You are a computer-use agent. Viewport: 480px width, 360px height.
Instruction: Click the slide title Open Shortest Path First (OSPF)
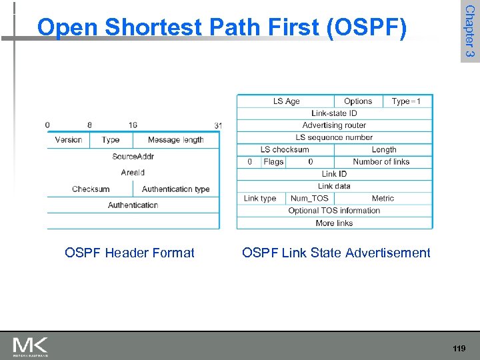tap(221, 27)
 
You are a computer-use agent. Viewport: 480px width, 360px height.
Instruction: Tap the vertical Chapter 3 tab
tap(469, 31)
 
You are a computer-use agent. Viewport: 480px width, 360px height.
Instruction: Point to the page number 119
tap(458, 349)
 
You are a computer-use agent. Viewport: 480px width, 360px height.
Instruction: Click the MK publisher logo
tap(31, 346)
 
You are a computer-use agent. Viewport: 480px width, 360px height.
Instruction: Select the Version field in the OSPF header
tap(69, 140)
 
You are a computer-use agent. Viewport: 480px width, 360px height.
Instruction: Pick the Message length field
tap(175, 140)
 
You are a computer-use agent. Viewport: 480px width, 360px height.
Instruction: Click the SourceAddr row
tap(133, 157)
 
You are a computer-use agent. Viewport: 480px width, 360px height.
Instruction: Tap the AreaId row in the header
tap(133, 173)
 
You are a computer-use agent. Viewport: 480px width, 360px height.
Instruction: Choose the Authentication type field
tap(175, 189)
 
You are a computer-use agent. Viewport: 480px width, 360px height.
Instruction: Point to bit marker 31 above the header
tap(218, 125)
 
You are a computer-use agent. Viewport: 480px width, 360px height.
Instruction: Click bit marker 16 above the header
tap(133, 125)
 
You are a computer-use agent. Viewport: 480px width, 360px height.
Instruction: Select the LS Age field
tap(286, 101)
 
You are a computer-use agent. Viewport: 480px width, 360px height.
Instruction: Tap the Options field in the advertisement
tap(358, 101)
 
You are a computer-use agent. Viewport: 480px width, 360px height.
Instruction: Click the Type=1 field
tap(406, 101)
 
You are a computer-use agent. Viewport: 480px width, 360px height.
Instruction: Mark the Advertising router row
tap(334, 125)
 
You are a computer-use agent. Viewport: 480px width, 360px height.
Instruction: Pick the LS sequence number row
tap(334, 137)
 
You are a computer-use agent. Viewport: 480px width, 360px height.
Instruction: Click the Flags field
tap(273, 161)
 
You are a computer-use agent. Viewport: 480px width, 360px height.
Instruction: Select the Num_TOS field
tap(309, 198)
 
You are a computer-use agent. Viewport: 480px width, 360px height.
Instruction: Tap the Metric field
tap(383, 198)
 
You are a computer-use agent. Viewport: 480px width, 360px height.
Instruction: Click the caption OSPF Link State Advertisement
tap(336, 253)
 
